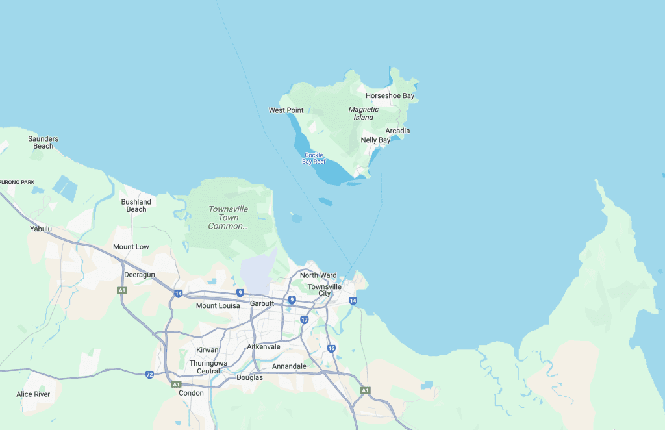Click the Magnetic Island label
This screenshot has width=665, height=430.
364,114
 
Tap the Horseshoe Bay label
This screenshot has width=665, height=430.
390,96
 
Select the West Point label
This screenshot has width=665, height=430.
286,110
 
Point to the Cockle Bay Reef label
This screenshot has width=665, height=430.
314,158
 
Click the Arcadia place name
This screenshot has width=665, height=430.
397,131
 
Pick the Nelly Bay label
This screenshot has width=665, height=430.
375,140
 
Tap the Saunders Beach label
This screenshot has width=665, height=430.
44,142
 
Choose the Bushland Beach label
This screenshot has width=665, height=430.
136,205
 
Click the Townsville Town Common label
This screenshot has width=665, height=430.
228,218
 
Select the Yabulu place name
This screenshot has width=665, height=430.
41,229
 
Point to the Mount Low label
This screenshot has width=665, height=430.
131,247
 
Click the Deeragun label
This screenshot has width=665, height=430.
140,275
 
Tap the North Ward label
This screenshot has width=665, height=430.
318,275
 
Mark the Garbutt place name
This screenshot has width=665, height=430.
262,303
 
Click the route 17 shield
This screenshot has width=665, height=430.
305,320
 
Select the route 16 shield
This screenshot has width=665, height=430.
332,349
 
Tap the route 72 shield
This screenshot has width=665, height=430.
150,375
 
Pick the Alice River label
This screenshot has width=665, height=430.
33,394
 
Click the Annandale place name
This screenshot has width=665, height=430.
289,366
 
